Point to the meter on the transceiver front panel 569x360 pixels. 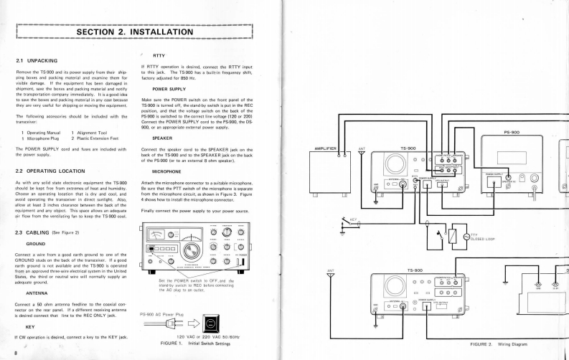click(x=164, y=234)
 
